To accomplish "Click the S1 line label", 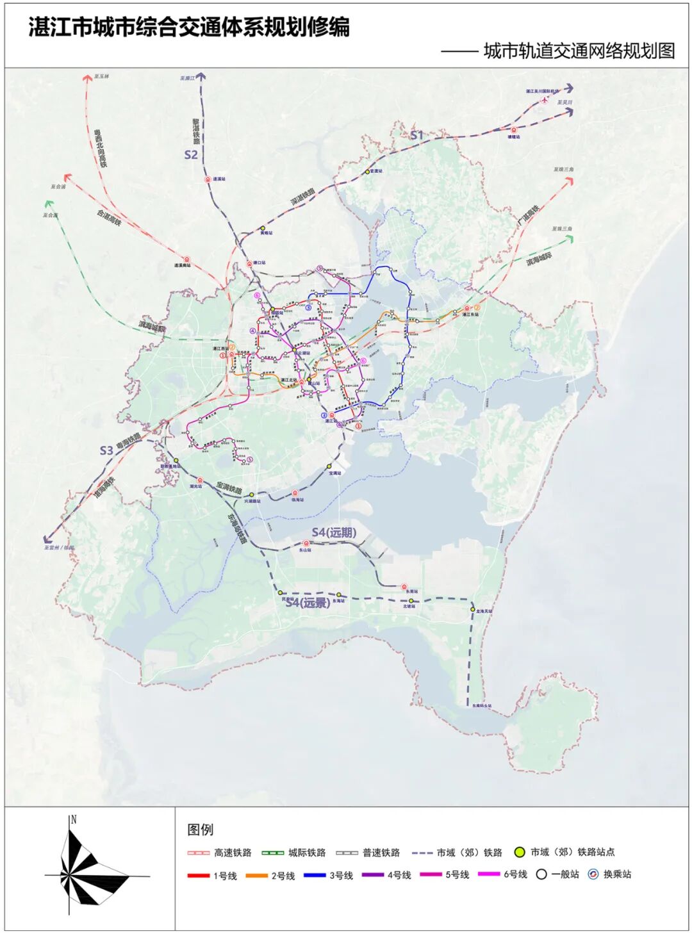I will pyautogui.click(x=417, y=135).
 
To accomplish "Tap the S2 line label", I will pyautogui.click(x=191, y=154).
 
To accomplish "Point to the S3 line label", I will pyautogui.click(x=106, y=450).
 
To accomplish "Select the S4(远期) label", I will pyautogui.click(x=334, y=532).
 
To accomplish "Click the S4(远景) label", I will pyautogui.click(x=308, y=603).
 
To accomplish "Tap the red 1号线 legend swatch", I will pyautogui.click(x=199, y=875).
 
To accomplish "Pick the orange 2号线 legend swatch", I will pyautogui.click(x=256, y=875).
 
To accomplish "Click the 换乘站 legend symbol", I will pyautogui.click(x=593, y=874).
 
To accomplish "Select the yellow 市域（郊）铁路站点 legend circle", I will pyautogui.click(x=520, y=853).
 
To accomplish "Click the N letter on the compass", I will pyautogui.click(x=74, y=819).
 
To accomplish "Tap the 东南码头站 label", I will pyautogui.click(x=482, y=706).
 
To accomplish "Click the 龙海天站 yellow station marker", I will pyautogui.click(x=473, y=609).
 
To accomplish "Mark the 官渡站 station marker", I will pyautogui.click(x=368, y=172).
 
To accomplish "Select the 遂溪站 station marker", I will pyautogui.click(x=208, y=180).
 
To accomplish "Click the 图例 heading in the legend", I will pyautogui.click(x=200, y=830).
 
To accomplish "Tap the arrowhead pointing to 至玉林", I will pyautogui.click(x=88, y=78).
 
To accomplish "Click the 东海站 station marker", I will pyautogui.click(x=339, y=595).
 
